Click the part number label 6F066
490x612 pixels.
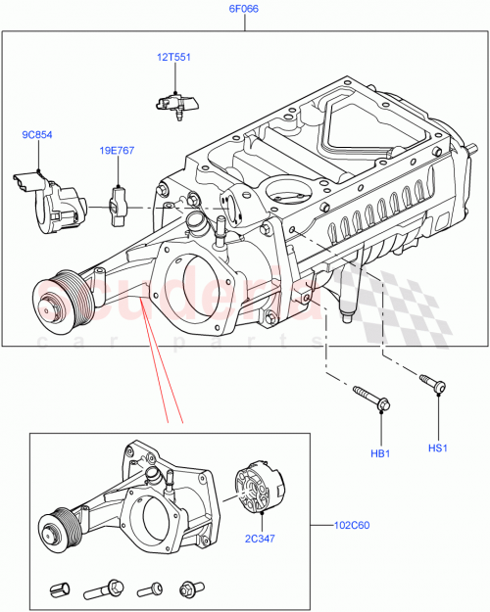(x=245, y=8)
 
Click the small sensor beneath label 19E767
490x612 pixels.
(x=120, y=202)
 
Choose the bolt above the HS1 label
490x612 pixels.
(x=431, y=384)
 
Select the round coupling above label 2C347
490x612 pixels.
(x=262, y=489)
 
